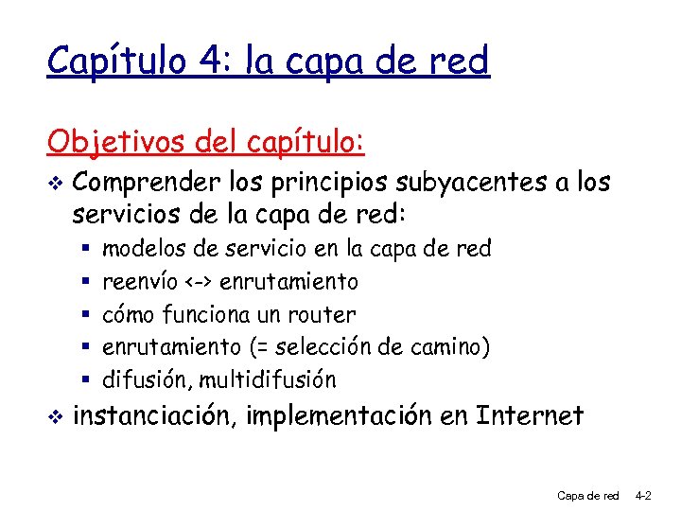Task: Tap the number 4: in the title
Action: [207, 62]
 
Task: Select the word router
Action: [326, 314]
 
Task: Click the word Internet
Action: [531, 415]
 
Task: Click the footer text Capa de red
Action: [588, 495]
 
